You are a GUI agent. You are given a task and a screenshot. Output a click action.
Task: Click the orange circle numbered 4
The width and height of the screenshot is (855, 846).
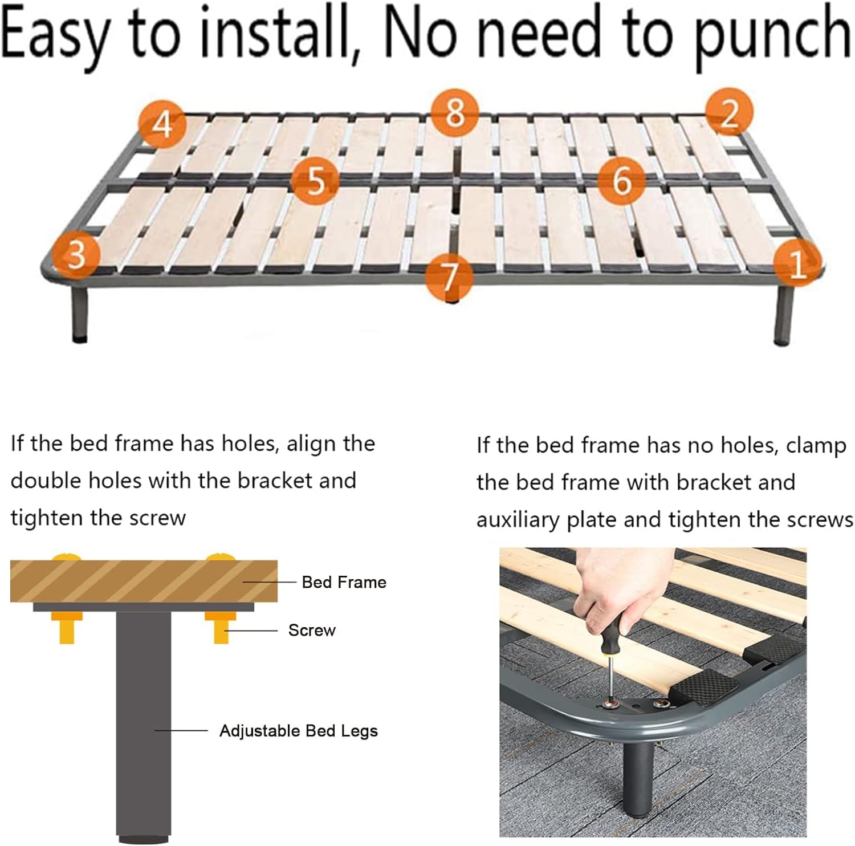pos(162,124)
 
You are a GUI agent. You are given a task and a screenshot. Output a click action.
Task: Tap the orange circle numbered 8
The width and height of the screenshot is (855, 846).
pos(454,112)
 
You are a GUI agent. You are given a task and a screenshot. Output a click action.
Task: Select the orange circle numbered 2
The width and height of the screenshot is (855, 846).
pos(730,112)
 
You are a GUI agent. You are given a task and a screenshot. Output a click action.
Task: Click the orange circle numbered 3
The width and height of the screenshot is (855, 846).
pos(76,254)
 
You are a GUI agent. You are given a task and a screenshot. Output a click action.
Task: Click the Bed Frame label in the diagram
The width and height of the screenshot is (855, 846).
pos(344,582)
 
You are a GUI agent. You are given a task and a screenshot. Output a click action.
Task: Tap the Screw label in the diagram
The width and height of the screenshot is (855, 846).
pos(312,630)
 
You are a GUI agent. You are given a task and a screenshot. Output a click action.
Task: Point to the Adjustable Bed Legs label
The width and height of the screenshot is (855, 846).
pos(299,731)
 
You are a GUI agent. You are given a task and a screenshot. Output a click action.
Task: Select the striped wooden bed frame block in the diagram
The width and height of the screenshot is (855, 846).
pos(144,581)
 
